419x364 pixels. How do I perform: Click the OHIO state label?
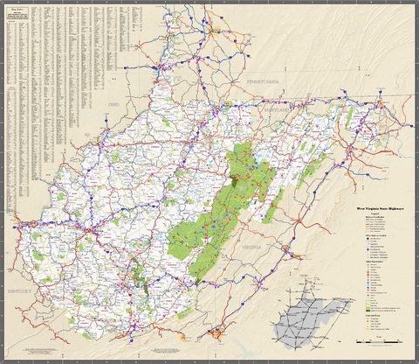pyautogui.click(x=112, y=103)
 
